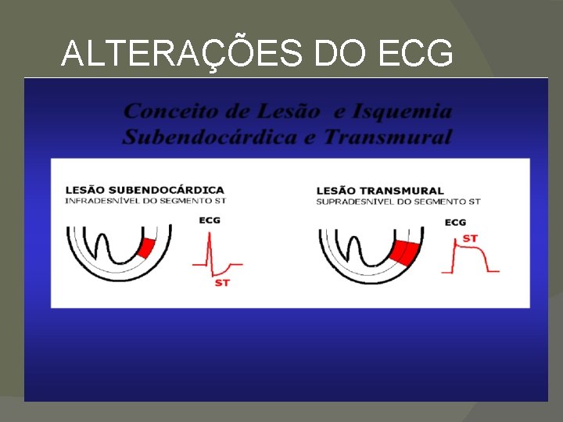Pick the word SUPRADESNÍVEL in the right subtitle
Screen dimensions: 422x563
click(x=351, y=202)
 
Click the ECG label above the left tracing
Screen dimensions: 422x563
click(x=210, y=220)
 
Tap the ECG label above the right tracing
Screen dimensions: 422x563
click(x=455, y=223)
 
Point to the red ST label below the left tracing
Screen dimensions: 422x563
click(x=222, y=282)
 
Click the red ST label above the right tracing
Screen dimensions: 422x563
click(x=470, y=238)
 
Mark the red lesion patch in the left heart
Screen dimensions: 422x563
click(x=145, y=248)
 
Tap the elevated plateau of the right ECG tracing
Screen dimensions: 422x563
click(x=471, y=247)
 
